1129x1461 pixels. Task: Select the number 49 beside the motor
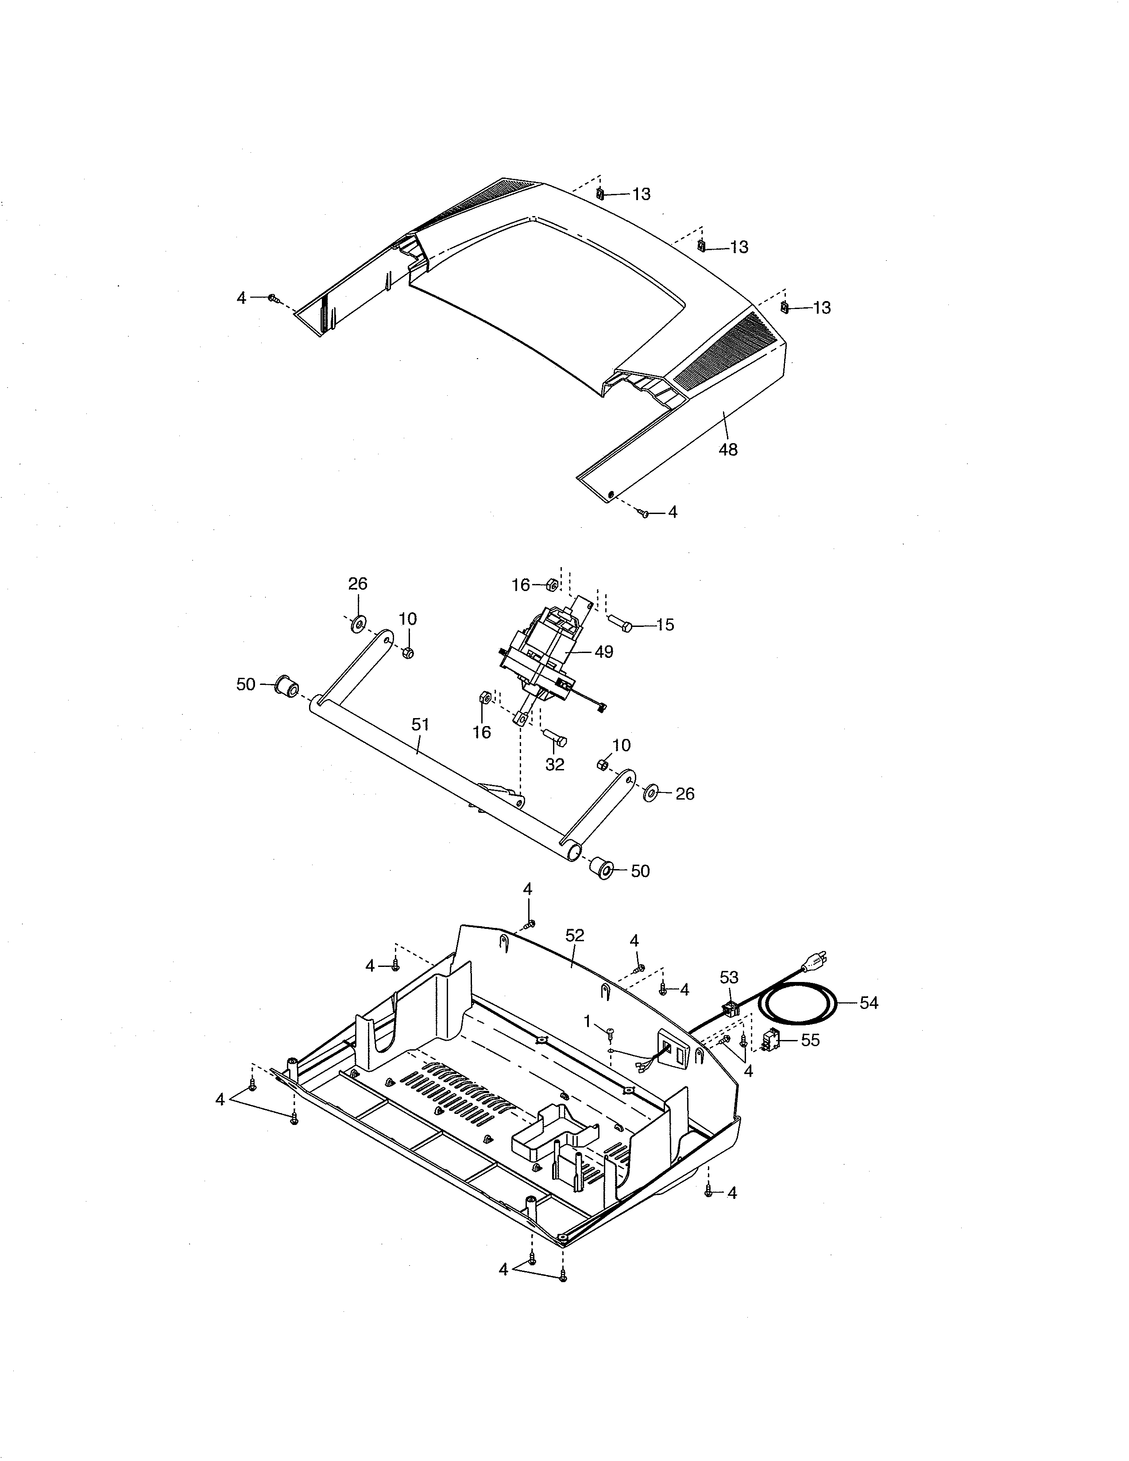[603, 652]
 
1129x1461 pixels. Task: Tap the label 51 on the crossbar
[420, 724]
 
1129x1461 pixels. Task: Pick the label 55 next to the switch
[810, 1041]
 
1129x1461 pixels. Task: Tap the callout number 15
[665, 625]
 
